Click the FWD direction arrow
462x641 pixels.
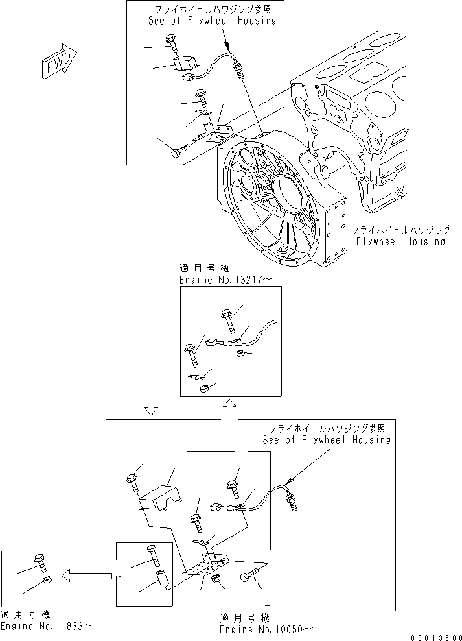[59, 63]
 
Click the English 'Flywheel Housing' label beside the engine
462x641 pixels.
[401, 241]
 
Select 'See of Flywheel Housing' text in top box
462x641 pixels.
[212, 21]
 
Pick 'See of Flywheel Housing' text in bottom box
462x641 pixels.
[327, 440]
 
